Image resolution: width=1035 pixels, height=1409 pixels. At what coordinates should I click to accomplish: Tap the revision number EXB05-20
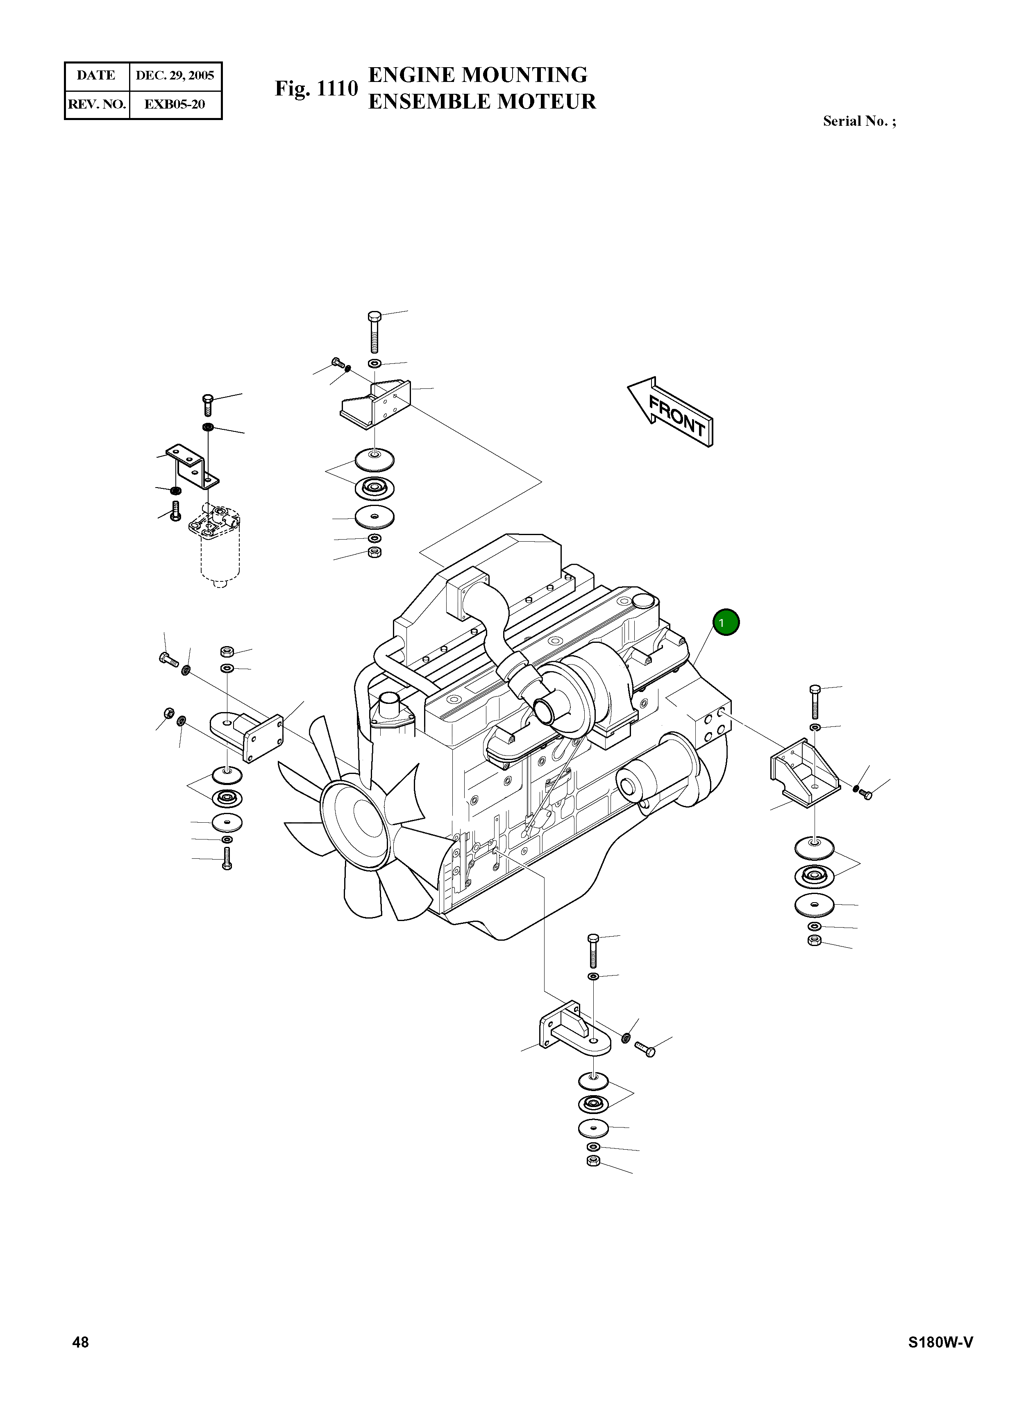[175, 104]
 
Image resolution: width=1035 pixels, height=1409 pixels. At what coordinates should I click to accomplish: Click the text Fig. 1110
[316, 89]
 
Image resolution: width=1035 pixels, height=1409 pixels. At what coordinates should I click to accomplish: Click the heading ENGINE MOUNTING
[477, 75]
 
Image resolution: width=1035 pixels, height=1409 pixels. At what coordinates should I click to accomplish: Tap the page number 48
[81, 1342]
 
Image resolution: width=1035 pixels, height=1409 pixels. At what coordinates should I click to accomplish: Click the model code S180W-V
[940, 1342]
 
